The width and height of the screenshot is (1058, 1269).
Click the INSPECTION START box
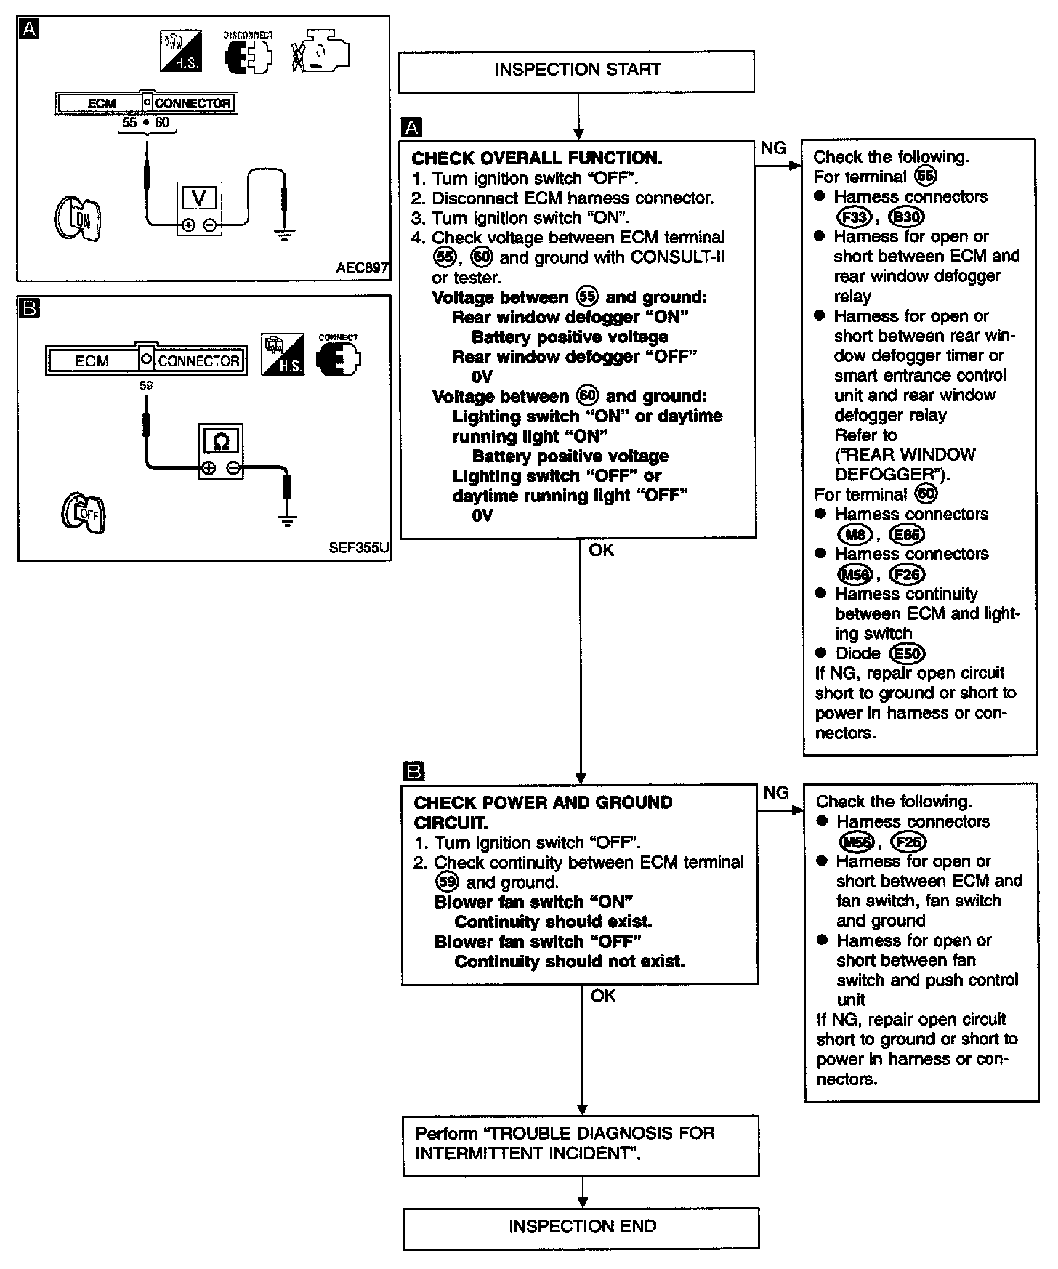pyautogui.click(x=577, y=70)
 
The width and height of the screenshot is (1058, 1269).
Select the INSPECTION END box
pyautogui.click(x=581, y=1227)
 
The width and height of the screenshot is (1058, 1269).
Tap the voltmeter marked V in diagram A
pyautogui.click(x=198, y=209)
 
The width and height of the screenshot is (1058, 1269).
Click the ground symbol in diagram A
pyautogui.click(x=284, y=234)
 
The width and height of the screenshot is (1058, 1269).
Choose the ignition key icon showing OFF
pyautogui.click(x=84, y=514)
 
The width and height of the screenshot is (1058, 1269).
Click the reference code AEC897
pyautogui.click(x=362, y=267)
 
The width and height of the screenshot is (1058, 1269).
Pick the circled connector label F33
pyautogui.click(x=854, y=217)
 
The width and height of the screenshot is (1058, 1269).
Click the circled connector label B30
pyautogui.click(x=906, y=217)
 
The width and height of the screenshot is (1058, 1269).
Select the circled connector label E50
pyautogui.click(x=908, y=653)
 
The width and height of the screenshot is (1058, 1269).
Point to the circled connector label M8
pyautogui.click(x=854, y=535)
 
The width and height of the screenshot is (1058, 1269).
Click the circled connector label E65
pyautogui.click(x=908, y=535)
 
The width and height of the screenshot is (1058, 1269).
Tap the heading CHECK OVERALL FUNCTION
pyautogui.click(x=536, y=158)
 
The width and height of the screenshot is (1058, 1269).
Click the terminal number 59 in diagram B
pyautogui.click(x=146, y=385)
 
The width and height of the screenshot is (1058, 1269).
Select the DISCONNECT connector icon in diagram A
pyautogui.click(x=248, y=53)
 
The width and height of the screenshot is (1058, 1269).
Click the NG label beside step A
pyautogui.click(x=773, y=148)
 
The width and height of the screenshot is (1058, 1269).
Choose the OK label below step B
pyautogui.click(x=603, y=996)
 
